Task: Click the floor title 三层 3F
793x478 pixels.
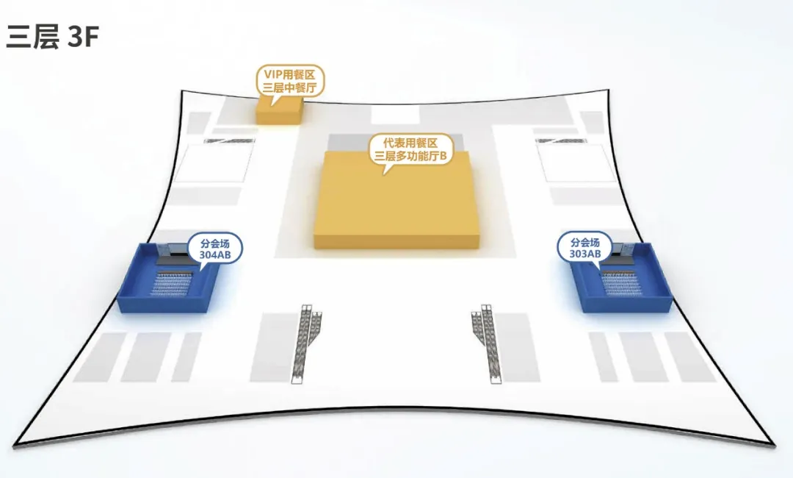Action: point(51,37)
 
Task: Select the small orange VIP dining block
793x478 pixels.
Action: point(278,111)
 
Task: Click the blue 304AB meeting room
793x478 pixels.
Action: point(169,283)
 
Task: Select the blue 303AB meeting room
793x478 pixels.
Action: point(624,283)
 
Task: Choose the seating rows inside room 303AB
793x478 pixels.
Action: point(624,282)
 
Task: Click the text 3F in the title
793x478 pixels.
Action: point(82,37)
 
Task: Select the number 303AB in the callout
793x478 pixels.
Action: point(585,254)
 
